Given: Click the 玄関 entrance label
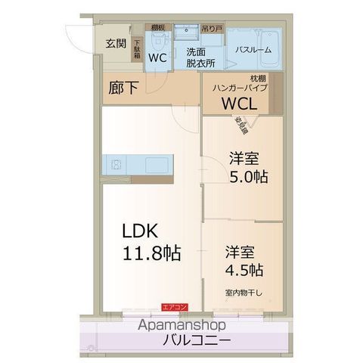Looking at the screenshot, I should [x=116, y=42].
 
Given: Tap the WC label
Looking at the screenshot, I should [x=157, y=57].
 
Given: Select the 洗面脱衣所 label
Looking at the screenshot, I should [x=200, y=57].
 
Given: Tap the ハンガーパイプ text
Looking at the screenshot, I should [x=237, y=88].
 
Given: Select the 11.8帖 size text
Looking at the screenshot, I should [x=151, y=253].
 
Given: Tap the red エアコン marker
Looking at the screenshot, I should [x=175, y=306].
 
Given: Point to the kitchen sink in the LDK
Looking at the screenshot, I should [x=117, y=163].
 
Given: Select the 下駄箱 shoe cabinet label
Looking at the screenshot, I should [x=137, y=50].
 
